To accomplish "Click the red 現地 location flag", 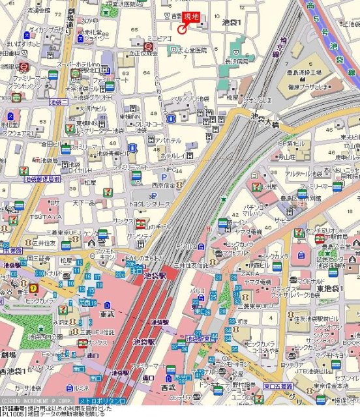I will [192, 16].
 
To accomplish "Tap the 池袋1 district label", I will [232, 22].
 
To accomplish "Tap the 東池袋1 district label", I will [330, 288].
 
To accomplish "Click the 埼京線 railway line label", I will [283, 49].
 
